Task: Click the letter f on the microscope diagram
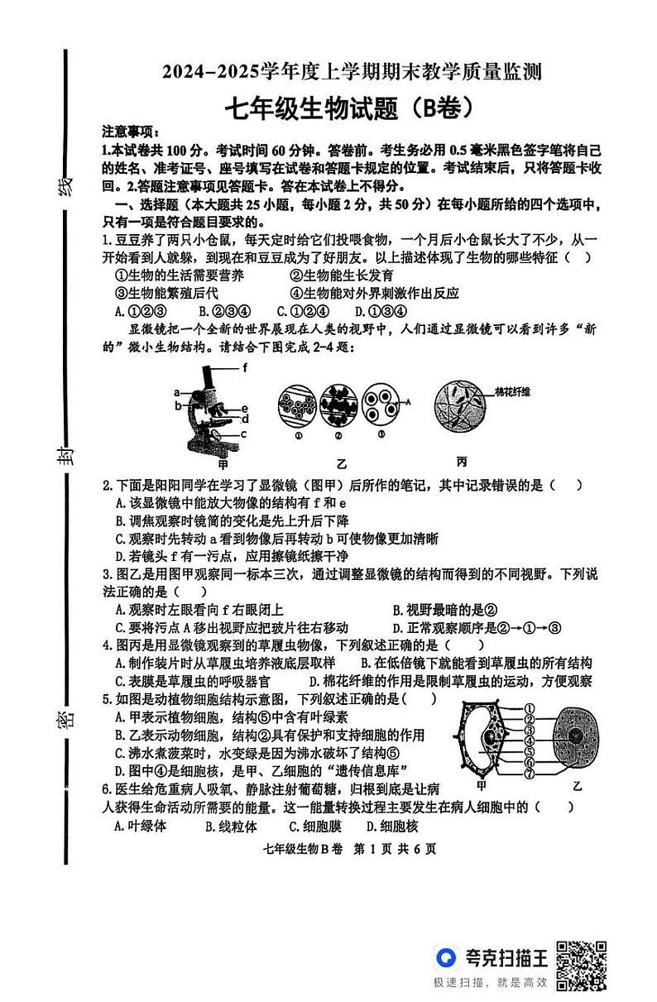tap(246, 367)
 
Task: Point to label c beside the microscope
tap(245, 433)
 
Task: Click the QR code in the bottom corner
tap(582, 965)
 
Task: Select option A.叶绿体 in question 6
tap(141, 827)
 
